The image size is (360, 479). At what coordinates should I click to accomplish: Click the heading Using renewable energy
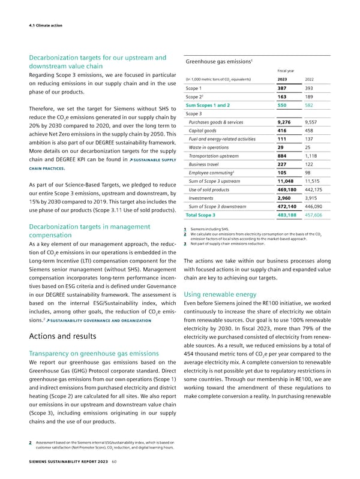tap(222, 295)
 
